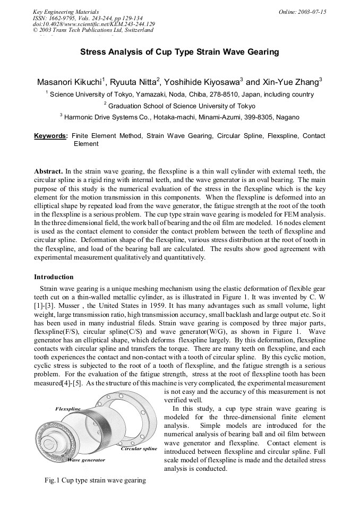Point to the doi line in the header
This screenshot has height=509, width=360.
click(x=94, y=24)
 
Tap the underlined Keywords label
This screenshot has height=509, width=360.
click(x=51, y=136)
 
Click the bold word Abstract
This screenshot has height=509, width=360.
click(x=48, y=171)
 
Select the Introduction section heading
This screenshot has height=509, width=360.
click(x=54, y=277)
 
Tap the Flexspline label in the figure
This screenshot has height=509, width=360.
click(x=68, y=409)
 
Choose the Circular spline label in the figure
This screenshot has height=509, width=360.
click(x=139, y=448)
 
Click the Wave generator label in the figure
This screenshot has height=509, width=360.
click(x=85, y=460)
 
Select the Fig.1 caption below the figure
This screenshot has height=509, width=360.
click(x=95, y=480)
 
